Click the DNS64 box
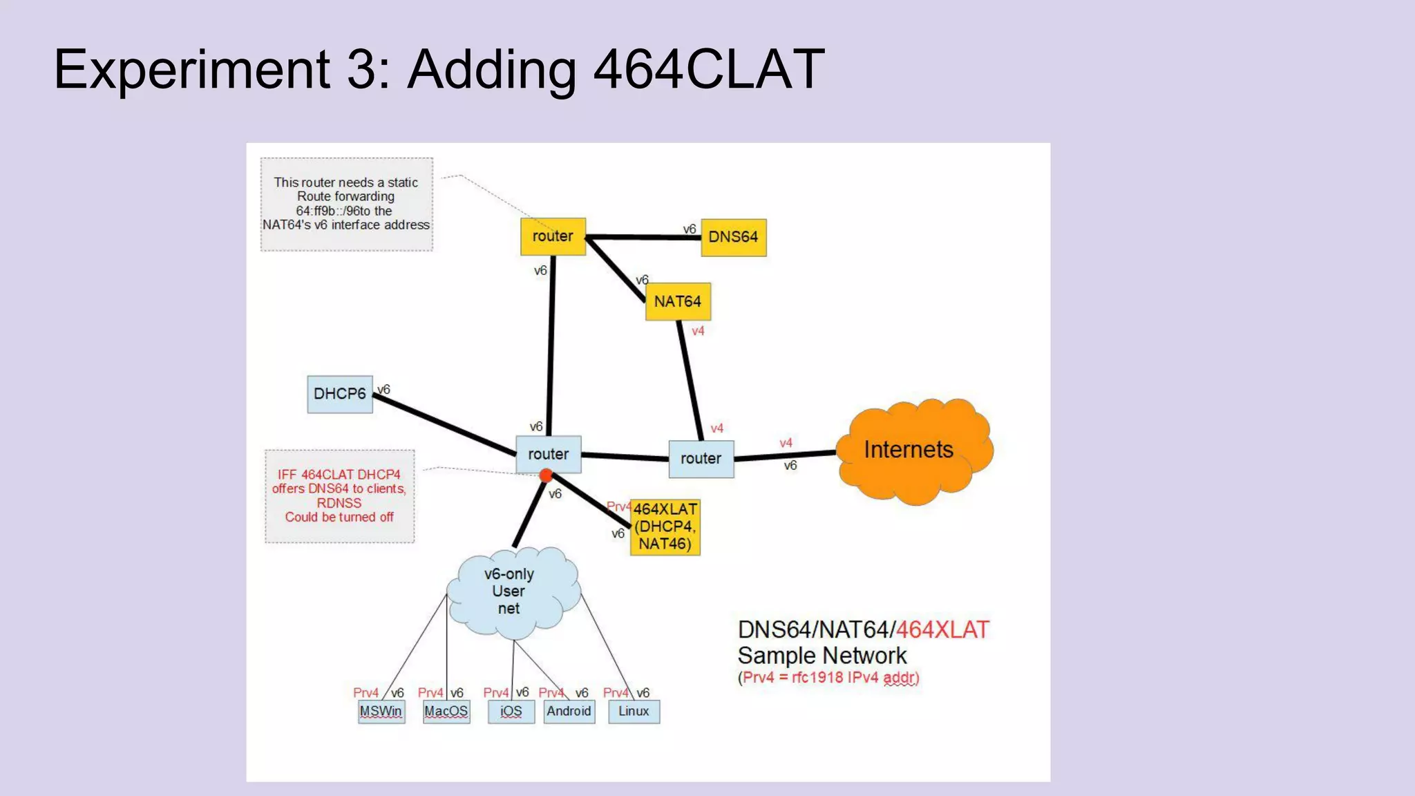point(733,237)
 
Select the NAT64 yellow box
point(677,302)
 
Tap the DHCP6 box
point(339,394)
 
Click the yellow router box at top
point(552,236)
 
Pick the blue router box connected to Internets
point(701,459)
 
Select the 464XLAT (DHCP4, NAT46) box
point(665,527)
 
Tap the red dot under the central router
point(546,475)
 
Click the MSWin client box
point(381,711)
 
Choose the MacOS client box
point(446,711)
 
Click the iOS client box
point(511,711)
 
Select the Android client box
point(569,711)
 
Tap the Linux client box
point(634,711)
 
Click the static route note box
point(346,204)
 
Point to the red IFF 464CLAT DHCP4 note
point(339,495)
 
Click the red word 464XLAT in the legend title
point(942,629)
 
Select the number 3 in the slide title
point(360,69)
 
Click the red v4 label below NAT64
point(698,331)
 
